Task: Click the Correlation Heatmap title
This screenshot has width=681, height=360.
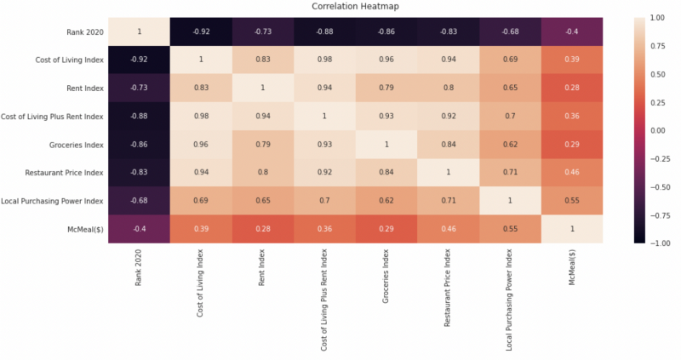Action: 355,6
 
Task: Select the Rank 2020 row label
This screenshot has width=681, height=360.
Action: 85,31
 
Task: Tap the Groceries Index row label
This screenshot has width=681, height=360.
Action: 76,145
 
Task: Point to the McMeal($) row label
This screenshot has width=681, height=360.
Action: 85,229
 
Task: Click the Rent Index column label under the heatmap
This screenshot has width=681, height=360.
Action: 261,267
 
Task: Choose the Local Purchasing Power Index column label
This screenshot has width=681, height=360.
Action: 509,300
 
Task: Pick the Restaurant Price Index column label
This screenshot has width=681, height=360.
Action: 448,288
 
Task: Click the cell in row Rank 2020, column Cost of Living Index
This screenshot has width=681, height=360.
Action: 201,31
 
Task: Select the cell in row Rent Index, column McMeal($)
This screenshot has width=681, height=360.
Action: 572,88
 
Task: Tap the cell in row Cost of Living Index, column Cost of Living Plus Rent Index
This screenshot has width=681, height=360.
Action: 324,60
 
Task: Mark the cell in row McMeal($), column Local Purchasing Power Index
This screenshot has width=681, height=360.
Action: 510,229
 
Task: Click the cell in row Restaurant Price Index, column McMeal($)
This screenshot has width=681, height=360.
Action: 572,173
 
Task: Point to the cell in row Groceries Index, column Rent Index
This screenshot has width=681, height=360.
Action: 263,144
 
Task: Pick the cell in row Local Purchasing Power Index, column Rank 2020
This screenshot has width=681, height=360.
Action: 139,201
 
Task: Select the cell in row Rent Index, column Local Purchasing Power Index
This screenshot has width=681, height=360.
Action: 510,88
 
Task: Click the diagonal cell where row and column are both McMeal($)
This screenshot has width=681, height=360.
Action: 572,229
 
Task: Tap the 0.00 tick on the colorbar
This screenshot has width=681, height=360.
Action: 657,131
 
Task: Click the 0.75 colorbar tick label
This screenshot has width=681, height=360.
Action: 657,46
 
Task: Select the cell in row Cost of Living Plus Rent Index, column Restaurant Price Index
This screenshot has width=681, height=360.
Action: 449,116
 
